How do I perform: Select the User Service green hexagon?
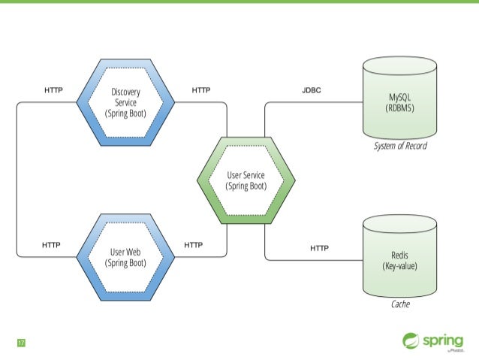click(x=246, y=180)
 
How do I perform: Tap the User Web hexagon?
click(x=125, y=256)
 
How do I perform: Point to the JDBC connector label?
click(x=312, y=90)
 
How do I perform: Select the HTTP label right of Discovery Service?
click(x=200, y=90)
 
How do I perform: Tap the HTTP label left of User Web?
click(x=52, y=245)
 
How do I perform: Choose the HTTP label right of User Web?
click(x=193, y=245)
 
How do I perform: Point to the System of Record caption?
click(x=399, y=146)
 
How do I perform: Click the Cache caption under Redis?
click(x=399, y=305)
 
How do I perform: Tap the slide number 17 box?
click(x=22, y=343)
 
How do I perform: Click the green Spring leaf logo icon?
click(x=411, y=340)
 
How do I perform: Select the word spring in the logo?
click(x=444, y=339)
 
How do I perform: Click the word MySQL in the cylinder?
click(x=399, y=97)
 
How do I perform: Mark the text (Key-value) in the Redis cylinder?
click(x=399, y=265)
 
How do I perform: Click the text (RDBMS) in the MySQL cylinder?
click(x=399, y=107)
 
